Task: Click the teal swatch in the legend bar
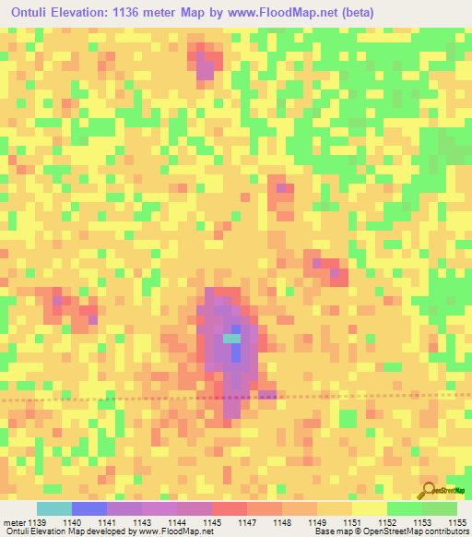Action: (54, 508)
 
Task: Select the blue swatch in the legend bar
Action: (89, 508)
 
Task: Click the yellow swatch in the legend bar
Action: (369, 508)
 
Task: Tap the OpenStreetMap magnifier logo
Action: (430, 491)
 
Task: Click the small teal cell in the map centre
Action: (230, 339)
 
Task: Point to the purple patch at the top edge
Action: (205, 64)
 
